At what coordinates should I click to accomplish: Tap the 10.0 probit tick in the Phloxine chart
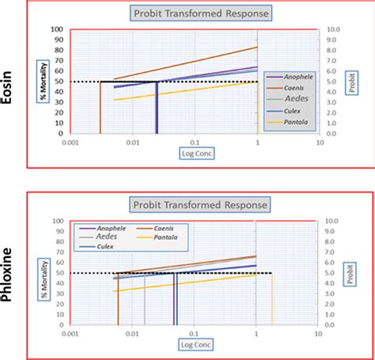pos(333,221)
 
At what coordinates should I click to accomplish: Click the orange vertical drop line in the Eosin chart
pos(100,107)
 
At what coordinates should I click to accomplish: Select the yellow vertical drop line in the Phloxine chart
pos(272,299)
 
